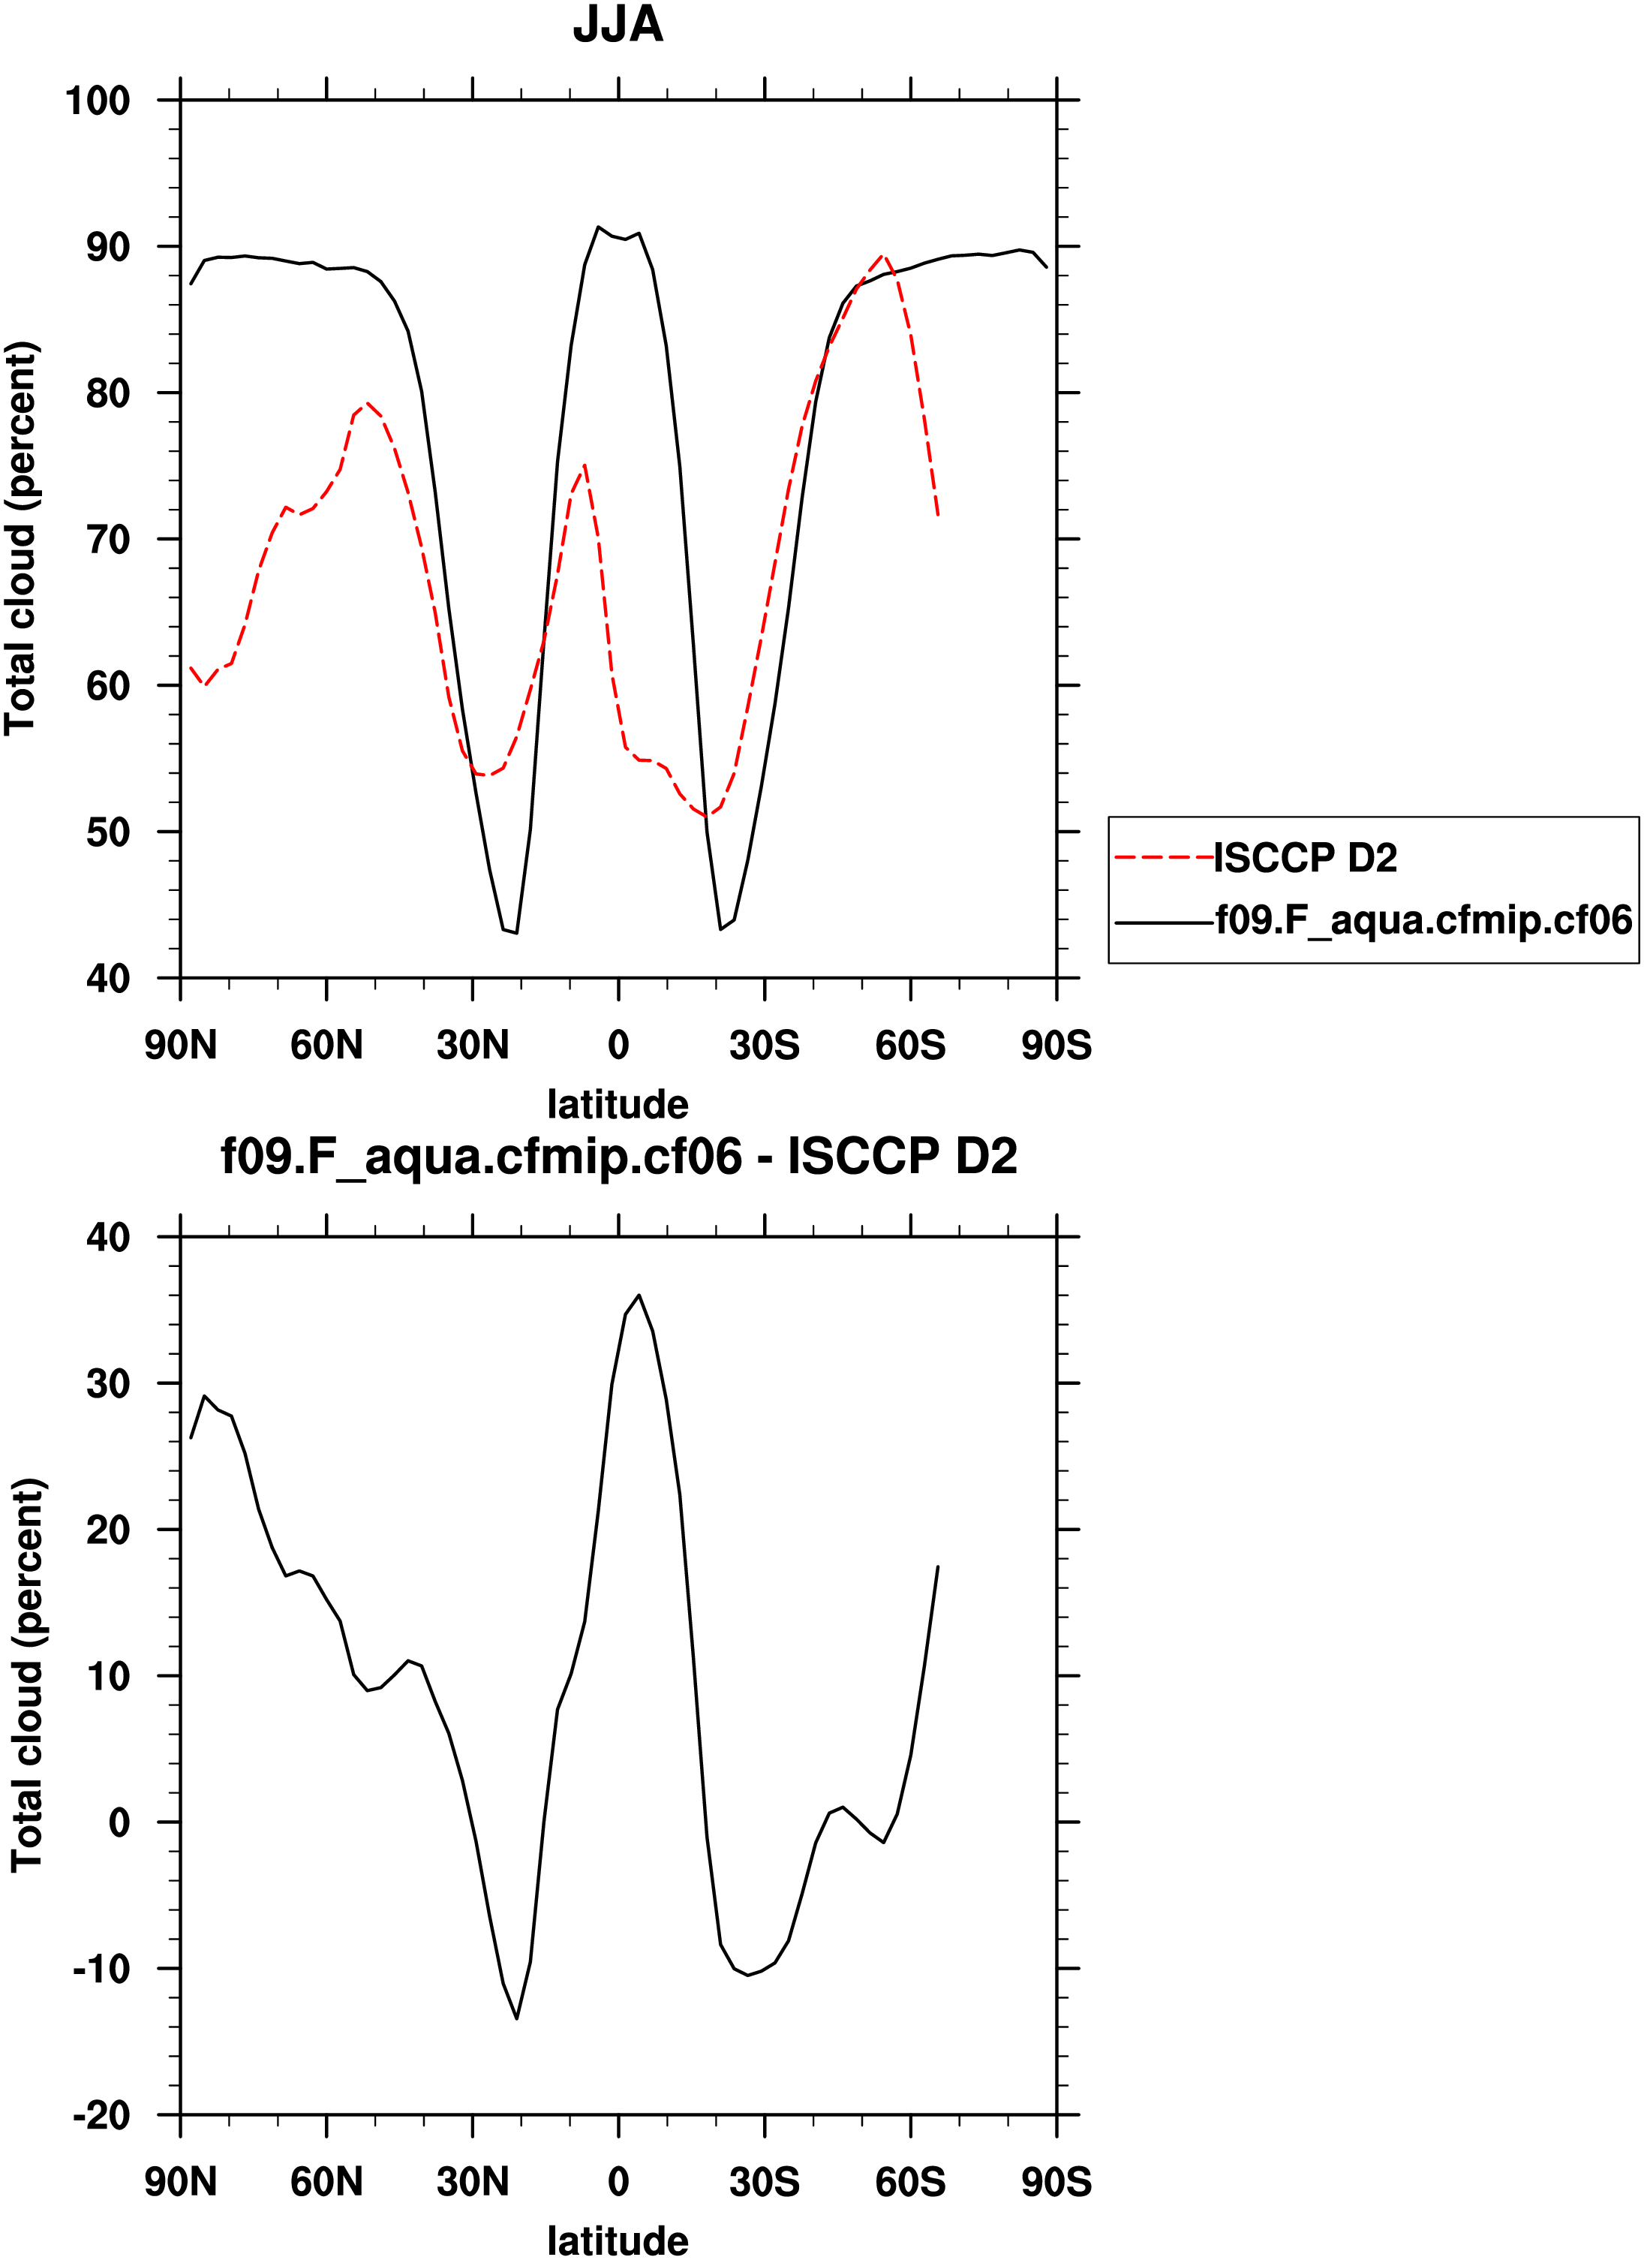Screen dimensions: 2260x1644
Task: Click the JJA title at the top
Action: pos(618,25)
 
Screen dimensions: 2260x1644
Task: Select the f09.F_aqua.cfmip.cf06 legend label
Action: pos(1423,919)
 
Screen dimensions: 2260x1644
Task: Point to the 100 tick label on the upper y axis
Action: pos(98,101)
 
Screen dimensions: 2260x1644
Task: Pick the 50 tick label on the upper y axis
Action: pos(107,832)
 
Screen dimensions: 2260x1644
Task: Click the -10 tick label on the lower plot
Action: pos(101,1969)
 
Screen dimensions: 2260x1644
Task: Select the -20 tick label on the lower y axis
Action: pos(101,2115)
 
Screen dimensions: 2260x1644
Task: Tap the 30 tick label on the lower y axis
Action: pos(107,1383)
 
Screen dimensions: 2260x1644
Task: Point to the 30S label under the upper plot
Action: pos(764,1046)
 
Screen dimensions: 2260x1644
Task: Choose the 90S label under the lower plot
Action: pos(1056,2182)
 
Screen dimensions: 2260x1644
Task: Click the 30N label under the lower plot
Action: pos(472,2182)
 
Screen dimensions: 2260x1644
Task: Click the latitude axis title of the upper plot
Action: pos(618,1104)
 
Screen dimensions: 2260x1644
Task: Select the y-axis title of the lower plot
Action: pos(28,1675)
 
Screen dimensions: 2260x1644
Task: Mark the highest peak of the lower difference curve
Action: pos(639,1296)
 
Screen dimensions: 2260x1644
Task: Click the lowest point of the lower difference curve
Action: pos(516,2019)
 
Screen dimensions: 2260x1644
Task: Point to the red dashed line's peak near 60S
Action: pos(882,255)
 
